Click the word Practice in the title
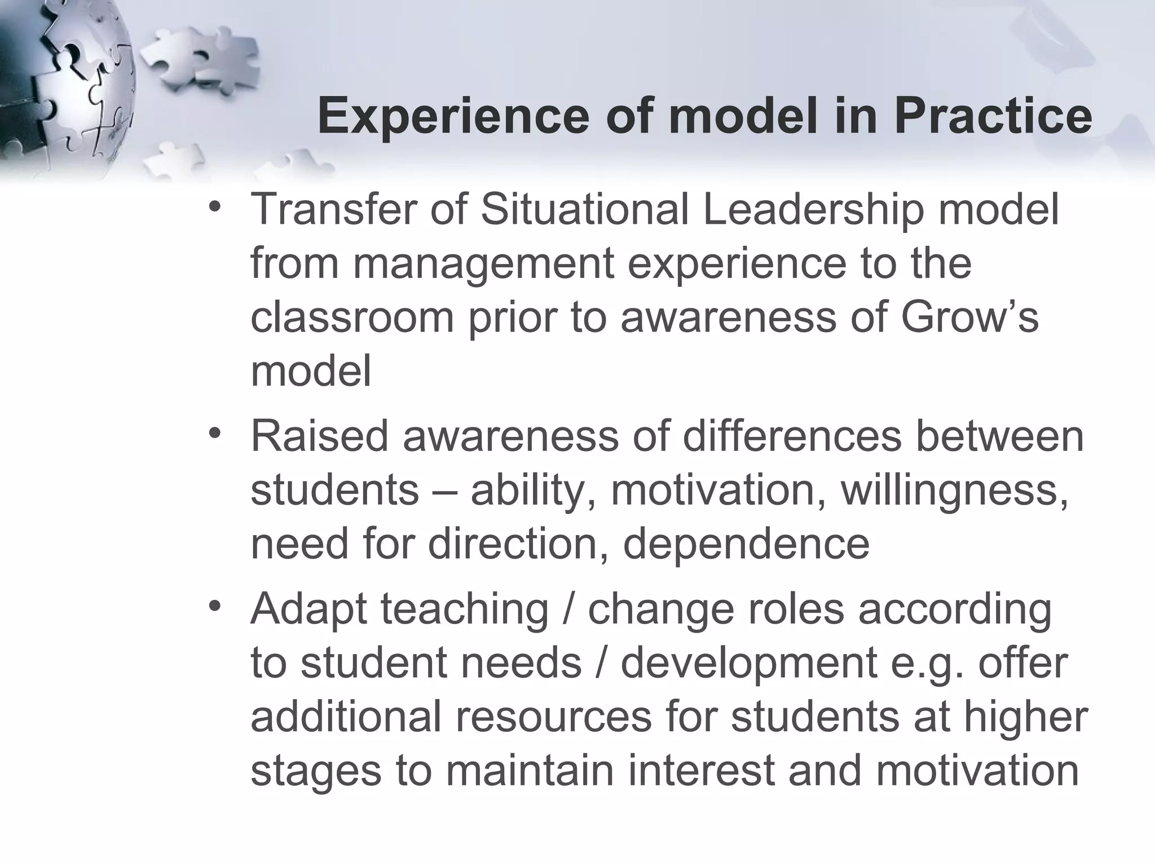(x=993, y=116)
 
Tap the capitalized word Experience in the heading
(x=453, y=116)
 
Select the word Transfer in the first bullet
(x=333, y=209)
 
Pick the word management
(x=483, y=264)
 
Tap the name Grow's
(x=969, y=317)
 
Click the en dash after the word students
(x=445, y=491)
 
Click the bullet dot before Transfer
(x=214, y=206)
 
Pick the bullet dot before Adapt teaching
(x=214, y=607)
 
